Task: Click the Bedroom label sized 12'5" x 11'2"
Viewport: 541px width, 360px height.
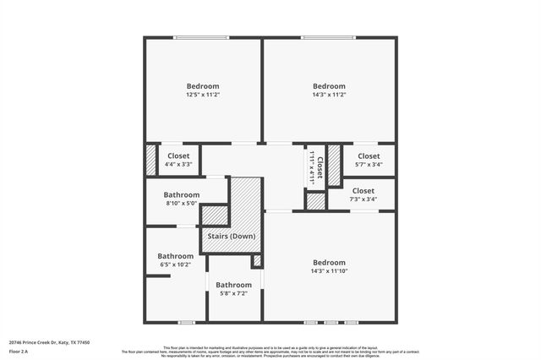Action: (203, 86)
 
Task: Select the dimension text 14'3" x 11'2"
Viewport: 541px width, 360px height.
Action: (329, 96)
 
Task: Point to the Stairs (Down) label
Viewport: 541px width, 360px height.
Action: (232, 236)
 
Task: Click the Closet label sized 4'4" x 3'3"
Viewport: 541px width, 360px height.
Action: (178, 155)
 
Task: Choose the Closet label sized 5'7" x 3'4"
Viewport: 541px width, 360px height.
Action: (369, 155)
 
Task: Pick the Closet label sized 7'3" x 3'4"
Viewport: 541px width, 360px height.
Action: (363, 191)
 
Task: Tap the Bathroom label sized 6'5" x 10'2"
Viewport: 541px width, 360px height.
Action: (175, 256)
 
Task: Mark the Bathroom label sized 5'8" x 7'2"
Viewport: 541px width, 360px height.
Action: (233, 285)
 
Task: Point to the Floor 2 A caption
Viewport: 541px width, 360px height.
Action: (19, 351)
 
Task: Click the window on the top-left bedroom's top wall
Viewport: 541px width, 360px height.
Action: (201, 37)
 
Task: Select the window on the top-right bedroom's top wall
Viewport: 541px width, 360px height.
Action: (329, 37)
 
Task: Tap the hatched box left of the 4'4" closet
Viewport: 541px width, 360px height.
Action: (150, 161)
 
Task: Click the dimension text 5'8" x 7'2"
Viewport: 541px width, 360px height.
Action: (233, 293)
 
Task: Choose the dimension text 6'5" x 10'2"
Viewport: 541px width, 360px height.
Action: (175, 265)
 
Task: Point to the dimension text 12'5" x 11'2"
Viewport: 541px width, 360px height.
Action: (203, 96)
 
